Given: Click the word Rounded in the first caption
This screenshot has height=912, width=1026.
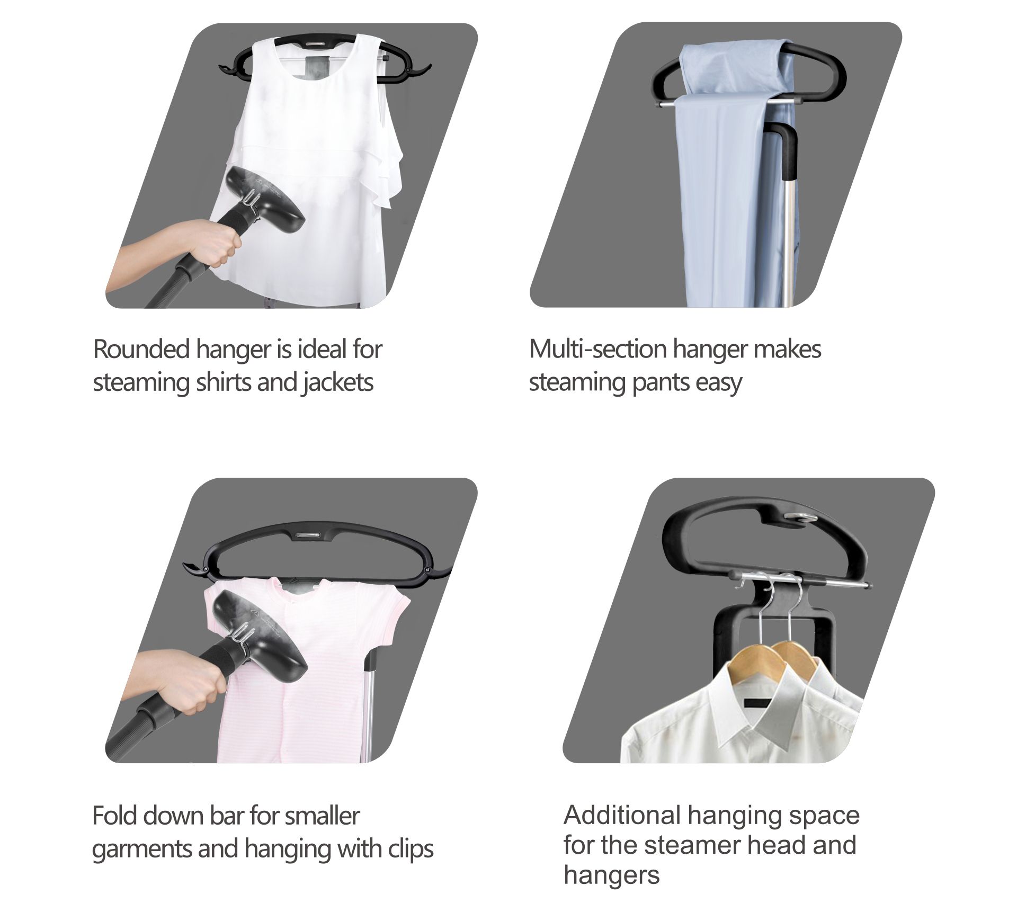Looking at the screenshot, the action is click(141, 349).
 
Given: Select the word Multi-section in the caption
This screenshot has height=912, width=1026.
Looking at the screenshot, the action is click(597, 349).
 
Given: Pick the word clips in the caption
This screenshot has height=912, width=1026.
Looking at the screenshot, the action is click(411, 849).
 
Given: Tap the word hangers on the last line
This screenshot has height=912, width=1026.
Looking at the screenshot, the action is click(612, 875).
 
